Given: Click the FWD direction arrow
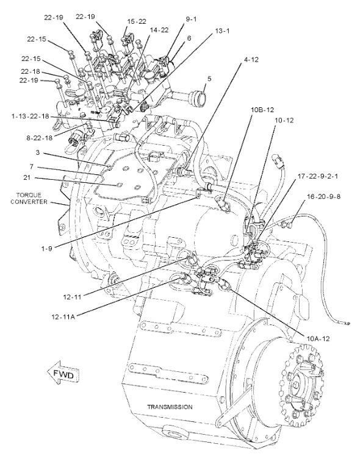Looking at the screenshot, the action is click(x=64, y=374).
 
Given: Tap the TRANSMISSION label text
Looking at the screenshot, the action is click(x=170, y=407).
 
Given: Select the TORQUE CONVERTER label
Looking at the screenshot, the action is click(x=29, y=199).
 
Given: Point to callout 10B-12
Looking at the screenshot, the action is click(x=262, y=110).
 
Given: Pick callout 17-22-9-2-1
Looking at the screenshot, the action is click(x=318, y=176).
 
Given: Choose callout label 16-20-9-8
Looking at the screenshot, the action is click(x=323, y=196).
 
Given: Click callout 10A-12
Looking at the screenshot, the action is click(x=318, y=338).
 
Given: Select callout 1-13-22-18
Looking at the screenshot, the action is click(x=30, y=116).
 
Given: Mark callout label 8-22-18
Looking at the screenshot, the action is click(x=39, y=138).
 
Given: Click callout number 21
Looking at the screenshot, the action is click(x=27, y=177).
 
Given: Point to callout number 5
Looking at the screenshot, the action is click(x=209, y=79).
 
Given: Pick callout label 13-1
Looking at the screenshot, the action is click(x=222, y=30).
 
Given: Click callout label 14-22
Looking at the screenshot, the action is click(x=159, y=30).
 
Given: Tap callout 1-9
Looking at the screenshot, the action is click(x=47, y=248).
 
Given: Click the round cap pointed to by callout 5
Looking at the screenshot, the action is click(x=196, y=97).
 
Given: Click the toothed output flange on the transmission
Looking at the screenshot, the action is click(x=301, y=384).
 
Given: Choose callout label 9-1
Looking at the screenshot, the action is click(x=192, y=19).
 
